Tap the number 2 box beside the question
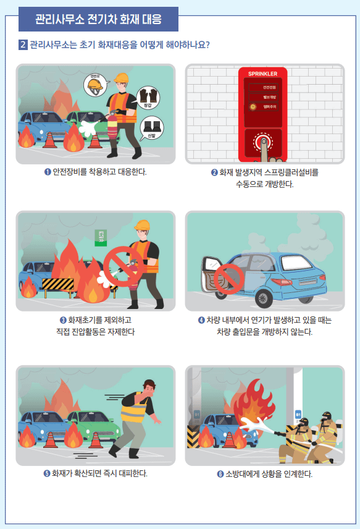(x=23, y=45)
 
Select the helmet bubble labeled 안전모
(x=94, y=85)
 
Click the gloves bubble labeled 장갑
(x=146, y=97)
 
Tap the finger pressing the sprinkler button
(x=264, y=146)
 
